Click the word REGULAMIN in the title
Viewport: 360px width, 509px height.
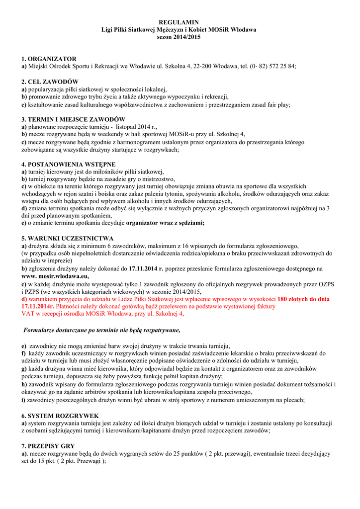click(179, 23)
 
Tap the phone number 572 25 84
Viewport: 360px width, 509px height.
click(279, 66)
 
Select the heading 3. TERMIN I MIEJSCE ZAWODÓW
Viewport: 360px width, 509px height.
click(73, 120)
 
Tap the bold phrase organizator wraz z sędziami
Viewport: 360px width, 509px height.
click(165, 223)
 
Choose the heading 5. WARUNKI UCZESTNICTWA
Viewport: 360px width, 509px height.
click(68, 239)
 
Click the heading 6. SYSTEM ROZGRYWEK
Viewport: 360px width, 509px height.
click(60, 416)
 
